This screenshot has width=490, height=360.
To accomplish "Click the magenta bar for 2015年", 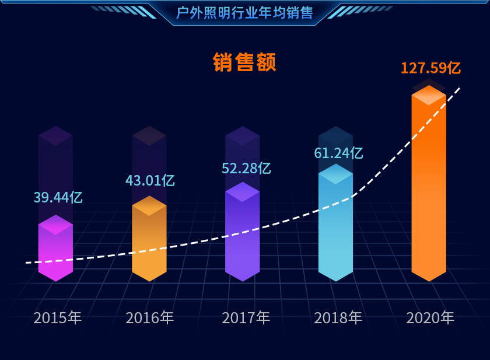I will (x=55, y=251).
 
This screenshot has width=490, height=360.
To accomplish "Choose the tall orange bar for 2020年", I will (x=429, y=187).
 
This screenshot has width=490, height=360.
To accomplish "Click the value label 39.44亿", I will (x=58, y=197).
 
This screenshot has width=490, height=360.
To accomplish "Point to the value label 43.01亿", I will (x=150, y=180).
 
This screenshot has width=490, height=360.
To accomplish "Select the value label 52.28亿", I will (x=246, y=168).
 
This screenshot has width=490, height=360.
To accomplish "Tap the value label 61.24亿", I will (x=338, y=153).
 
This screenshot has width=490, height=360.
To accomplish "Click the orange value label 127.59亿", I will (x=430, y=68).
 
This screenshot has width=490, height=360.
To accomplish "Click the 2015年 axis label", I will (x=57, y=318).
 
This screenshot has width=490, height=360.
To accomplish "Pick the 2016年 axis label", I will (x=150, y=318).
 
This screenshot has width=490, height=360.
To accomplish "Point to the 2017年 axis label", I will (x=246, y=318).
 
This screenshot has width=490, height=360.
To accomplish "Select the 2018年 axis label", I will (x=338, y=318).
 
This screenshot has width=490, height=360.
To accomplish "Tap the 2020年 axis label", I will (x=430, y=318).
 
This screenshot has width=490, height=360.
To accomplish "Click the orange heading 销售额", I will (x=244, y=62).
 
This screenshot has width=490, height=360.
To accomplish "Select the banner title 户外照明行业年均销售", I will (x=244, y=12).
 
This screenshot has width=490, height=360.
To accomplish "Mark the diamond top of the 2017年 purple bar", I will (x=242, y=192).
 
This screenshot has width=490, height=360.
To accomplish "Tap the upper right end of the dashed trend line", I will (x=460, y=88).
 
